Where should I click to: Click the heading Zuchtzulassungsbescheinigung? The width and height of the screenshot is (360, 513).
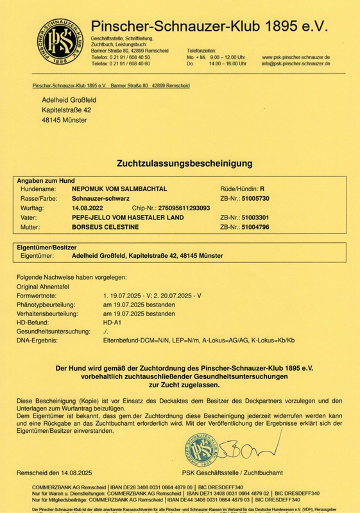click(x=179, y=164)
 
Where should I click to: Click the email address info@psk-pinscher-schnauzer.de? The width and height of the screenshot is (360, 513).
click(x=296, y=64)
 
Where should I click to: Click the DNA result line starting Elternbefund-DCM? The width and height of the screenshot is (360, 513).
click(x=198, y=340)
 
